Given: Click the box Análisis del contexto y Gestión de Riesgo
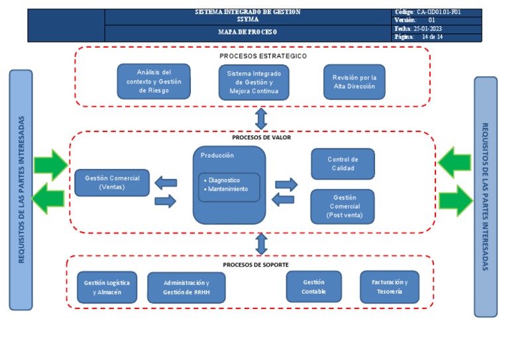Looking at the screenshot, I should [x=154, y=82].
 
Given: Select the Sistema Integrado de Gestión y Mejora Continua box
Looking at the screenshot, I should [x=254, y=82].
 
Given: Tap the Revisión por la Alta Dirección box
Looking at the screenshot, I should [x=354, y=82].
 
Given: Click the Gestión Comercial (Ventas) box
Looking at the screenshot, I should [x=112, y=182].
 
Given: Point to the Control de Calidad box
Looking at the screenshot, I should [x=343, y=164].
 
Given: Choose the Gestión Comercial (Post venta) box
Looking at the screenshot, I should [x=343, y=206].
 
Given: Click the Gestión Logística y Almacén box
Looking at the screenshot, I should [x=107, y=287].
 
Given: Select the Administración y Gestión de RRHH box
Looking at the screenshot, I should [x=186, y=287].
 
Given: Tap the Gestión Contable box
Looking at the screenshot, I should [x=313, y=286].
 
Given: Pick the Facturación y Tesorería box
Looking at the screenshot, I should [x=390, y=286].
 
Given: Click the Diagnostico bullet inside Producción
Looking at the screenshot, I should [x=223, y=180].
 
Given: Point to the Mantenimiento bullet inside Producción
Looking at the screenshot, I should [x=227, y=189].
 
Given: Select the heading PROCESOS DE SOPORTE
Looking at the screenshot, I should [x=255, y=265].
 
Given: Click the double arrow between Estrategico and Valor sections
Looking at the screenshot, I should [x=261, y=119].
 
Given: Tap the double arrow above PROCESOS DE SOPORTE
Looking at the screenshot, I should [x=261, y=244].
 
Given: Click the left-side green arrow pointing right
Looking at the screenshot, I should [x=50, y=164].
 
